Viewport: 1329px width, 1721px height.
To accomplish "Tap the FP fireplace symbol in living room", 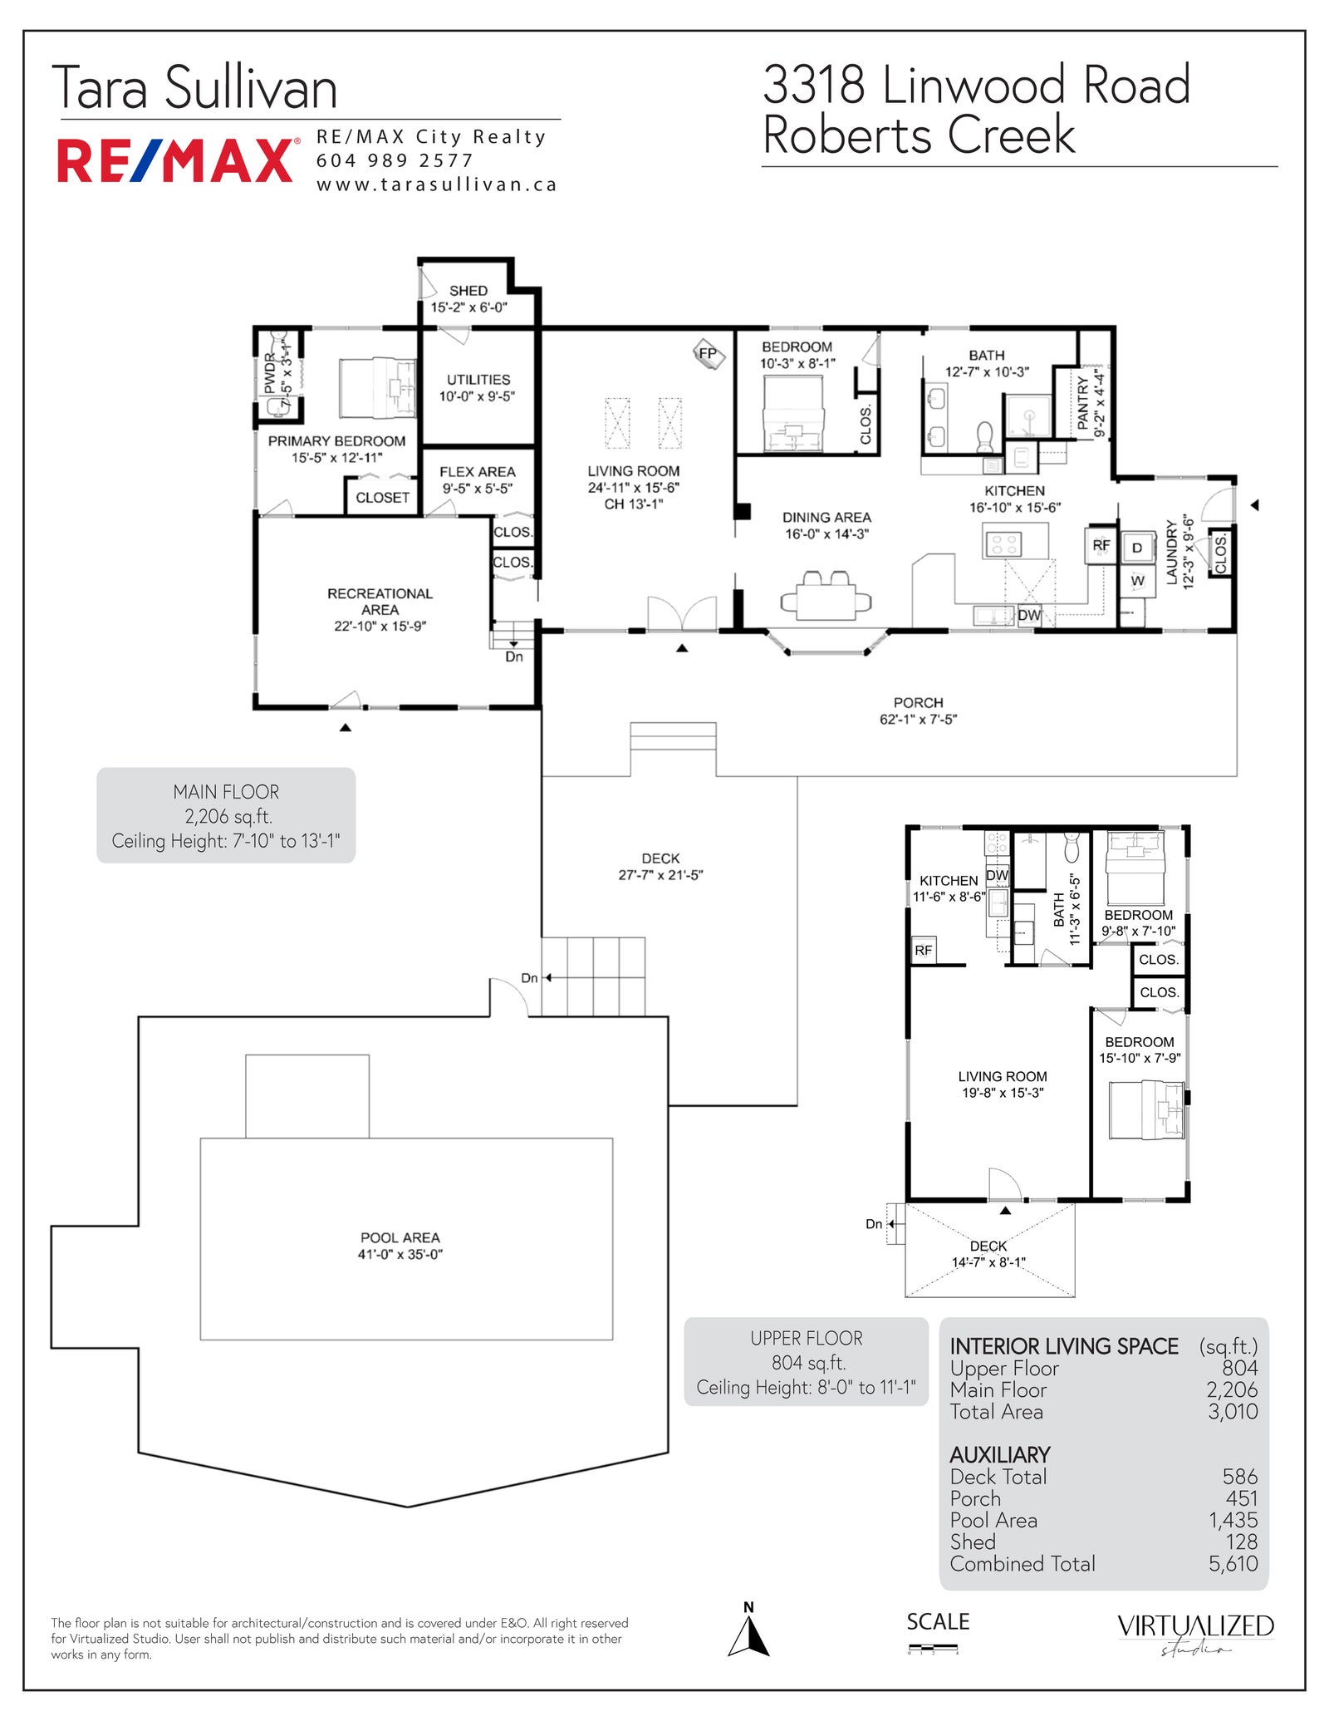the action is (709, 354).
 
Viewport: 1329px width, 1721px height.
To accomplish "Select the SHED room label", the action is (468, 291).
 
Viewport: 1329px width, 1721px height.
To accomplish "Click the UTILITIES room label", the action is (478, 380).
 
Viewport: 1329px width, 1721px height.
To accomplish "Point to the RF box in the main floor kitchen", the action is (1101, 545).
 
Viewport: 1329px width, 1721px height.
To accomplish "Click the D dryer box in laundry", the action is (1137, 548).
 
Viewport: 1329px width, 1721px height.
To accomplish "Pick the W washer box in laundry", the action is (1137, 581).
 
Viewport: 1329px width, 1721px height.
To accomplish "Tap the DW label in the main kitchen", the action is (1029, 615).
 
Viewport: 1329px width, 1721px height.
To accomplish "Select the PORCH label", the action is (918, 703).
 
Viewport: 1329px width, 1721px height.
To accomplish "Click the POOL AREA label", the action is (400, 1237).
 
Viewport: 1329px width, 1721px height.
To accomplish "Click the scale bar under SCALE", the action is (934, 1648).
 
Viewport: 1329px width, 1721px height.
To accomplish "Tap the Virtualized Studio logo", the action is (1195, 1634).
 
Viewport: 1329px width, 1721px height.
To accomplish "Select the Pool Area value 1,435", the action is (1233, 1520).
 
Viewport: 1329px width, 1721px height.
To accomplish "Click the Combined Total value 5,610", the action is (1233, 1563).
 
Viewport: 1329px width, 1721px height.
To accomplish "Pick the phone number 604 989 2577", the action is (395, 160).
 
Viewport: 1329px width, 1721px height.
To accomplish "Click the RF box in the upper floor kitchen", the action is (924, 950).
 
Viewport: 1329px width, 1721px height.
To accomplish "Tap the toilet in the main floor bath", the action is (985, 435).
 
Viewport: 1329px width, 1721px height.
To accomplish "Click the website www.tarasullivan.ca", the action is (436, 184).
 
